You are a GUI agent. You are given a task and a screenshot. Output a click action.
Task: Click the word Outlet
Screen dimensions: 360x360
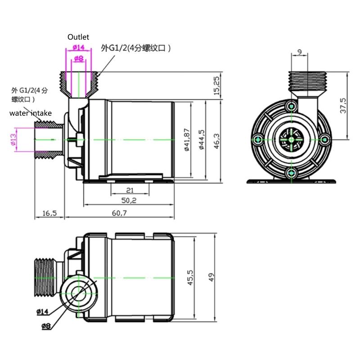(78, 37)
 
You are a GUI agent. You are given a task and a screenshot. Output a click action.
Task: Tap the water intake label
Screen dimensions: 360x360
(31, 113)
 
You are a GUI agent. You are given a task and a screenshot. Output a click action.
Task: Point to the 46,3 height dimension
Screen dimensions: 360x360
(216, 141)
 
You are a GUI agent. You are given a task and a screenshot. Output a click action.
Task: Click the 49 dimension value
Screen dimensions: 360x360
(212, 277)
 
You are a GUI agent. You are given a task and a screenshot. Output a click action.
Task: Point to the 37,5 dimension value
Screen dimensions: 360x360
(343, 105)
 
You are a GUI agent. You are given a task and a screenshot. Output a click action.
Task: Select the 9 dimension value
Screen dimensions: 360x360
(299, 52)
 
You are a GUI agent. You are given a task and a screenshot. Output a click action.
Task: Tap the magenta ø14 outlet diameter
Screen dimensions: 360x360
(78, 47)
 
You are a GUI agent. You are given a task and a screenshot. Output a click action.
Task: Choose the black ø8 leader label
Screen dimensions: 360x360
(45, 327)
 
